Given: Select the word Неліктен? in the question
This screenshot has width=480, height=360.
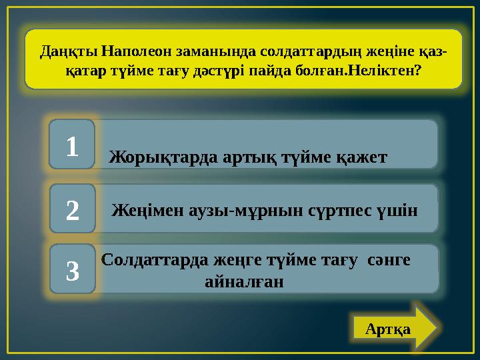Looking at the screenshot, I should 390,69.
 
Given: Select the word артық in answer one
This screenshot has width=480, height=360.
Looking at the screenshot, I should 235,157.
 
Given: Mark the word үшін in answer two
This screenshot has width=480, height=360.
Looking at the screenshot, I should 397,211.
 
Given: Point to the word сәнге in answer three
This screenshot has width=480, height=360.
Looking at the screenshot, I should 388,260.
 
